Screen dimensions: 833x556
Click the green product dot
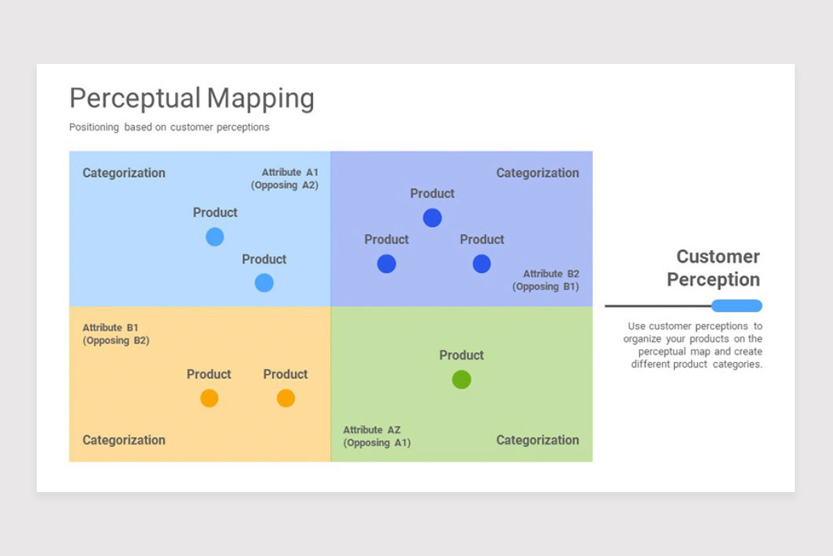click(462, 379)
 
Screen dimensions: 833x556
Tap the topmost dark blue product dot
click(432, 218)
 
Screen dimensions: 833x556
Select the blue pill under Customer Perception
click(737, 306)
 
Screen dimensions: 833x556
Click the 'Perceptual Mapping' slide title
click(192, 98)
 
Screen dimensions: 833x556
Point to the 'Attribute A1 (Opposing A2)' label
click(285, 179)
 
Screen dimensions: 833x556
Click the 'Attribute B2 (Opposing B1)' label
click(546, 280)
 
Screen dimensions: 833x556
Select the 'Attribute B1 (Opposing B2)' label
click(116, 334)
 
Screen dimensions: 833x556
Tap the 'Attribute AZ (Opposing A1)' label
click(377, 436)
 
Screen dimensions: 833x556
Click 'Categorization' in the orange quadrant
click(124, 440)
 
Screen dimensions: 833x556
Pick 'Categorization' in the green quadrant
click(538, 440)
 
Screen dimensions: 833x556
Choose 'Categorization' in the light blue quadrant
click(124, 173)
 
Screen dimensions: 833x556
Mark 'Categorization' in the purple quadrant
click(538, 173)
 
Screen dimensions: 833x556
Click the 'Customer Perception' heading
click(714, 268)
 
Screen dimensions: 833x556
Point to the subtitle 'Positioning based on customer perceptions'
click(169, 127)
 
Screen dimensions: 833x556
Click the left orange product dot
click(210, 398)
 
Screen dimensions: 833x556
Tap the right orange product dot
click(286, 398)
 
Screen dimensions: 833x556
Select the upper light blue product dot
click(215, 237)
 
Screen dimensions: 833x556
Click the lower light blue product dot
click(264, 283)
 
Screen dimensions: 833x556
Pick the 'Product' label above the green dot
click(462, 355)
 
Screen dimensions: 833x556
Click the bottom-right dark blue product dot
click(482, 263)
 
